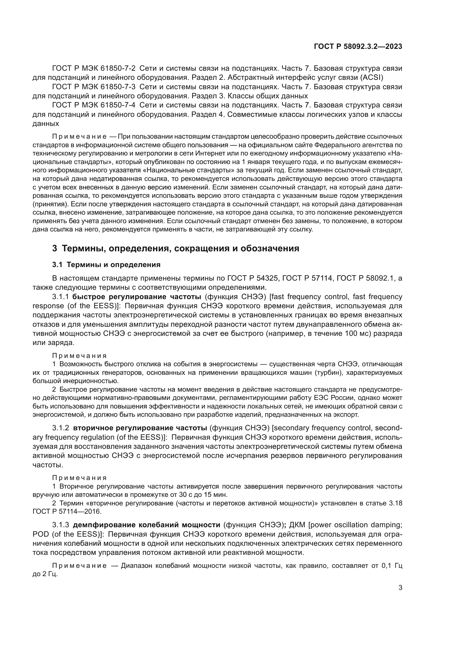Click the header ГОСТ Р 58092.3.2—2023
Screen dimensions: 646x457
358,46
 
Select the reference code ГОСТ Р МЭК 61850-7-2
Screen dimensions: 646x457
94,68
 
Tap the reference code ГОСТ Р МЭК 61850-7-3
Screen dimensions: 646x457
94,87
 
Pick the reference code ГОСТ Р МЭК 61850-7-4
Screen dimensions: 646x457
94,105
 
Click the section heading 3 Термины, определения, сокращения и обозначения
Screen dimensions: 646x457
176,249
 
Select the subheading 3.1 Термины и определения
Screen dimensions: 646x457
106,265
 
